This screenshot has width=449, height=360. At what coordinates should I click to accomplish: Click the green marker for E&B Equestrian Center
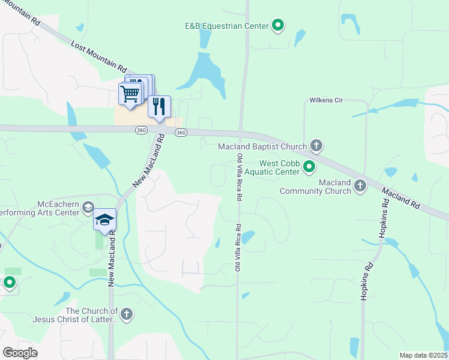coord(278,25)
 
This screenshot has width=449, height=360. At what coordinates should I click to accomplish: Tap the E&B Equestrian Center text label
coord(228,25)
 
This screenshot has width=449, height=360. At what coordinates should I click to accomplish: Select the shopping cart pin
coord(131,94)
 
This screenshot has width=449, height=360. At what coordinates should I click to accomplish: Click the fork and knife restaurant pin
coord(158,106)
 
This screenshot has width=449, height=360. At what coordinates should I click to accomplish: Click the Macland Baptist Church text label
coord(263,146)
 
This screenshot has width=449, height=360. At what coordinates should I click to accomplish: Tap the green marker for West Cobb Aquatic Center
coord(309,166)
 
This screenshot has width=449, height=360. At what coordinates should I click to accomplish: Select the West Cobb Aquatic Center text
coord(279,167)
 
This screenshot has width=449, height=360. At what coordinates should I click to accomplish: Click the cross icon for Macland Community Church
coord(360,185)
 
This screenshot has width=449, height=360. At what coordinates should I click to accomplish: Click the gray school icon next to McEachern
coord(88,207)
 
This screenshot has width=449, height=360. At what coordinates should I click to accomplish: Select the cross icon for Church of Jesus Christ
coord(126,314)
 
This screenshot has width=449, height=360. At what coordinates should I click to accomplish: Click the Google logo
coord(20,352)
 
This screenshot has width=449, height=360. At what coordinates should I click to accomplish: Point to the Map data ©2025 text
coord(423,355)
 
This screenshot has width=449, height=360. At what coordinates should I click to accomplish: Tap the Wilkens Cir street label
coord(326,100)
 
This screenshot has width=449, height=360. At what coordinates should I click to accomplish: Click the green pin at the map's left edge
coord(10,282)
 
